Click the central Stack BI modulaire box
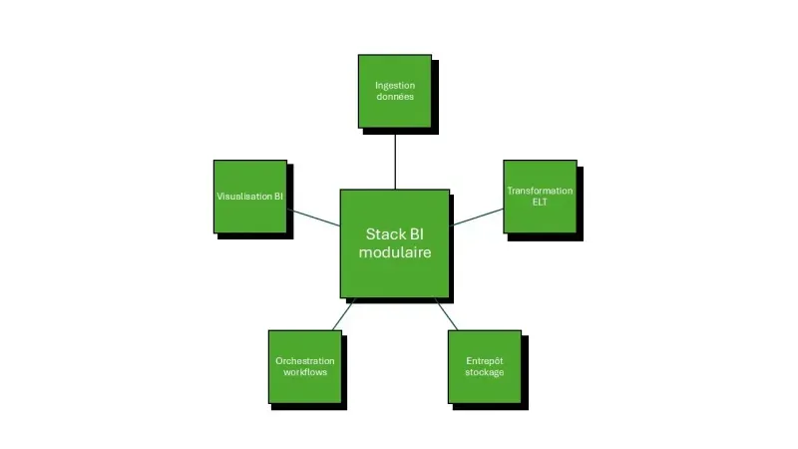[394, 242]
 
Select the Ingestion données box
[395, 91]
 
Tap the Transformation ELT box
[540, 196]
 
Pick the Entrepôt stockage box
[485, 366]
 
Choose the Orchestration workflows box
[305, 366]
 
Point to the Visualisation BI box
[250, 196]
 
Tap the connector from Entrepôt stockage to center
[446, 313]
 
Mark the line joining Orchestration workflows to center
[342, 313]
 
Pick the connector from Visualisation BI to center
[313, 218]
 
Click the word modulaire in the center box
[395, 253]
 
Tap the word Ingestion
[395, 85]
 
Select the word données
[395, 97]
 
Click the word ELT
[540, 202]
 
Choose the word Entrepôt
[485, 360]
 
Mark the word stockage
[485, 372]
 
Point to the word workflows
[305, 372]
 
